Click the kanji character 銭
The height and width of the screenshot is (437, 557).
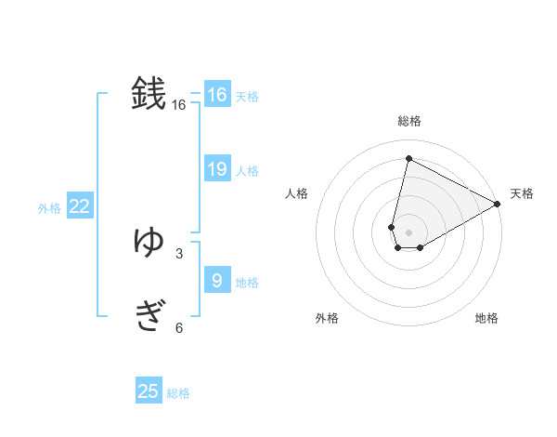click(x=149, y=94)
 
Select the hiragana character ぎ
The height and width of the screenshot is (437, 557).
click(x=149, y=317)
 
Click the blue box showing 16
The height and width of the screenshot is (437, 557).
click(x=217, y=95)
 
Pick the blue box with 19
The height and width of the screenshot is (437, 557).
click(x=217, y=169)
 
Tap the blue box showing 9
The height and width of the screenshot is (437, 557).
click(x=217, y=280)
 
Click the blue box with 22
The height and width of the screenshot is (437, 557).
click(x=79, y=206)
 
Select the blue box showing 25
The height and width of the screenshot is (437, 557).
click(x=149, y=391)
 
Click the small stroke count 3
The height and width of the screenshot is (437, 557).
click(x=178, y=253)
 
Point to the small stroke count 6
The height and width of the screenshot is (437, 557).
click(x=178, y=327)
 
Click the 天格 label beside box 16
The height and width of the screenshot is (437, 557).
click(x=247, y=97)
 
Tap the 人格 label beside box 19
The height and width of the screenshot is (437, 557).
click(x=247, y=171)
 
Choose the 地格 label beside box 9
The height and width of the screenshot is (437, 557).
click(x=247, y=283)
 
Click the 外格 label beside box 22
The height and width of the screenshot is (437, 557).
click(x=49, y=209)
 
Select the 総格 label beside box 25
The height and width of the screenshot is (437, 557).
click(x=178, y=394)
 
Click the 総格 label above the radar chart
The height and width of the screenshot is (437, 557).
click(x=409, y=121)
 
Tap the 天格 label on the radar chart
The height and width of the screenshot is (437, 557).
click(x=522, y=193)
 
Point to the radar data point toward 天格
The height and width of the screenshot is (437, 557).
click(x=498, y=205)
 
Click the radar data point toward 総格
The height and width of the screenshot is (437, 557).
click(x=408, y=159)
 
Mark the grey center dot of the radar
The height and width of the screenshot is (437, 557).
click(x=408, y=232)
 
